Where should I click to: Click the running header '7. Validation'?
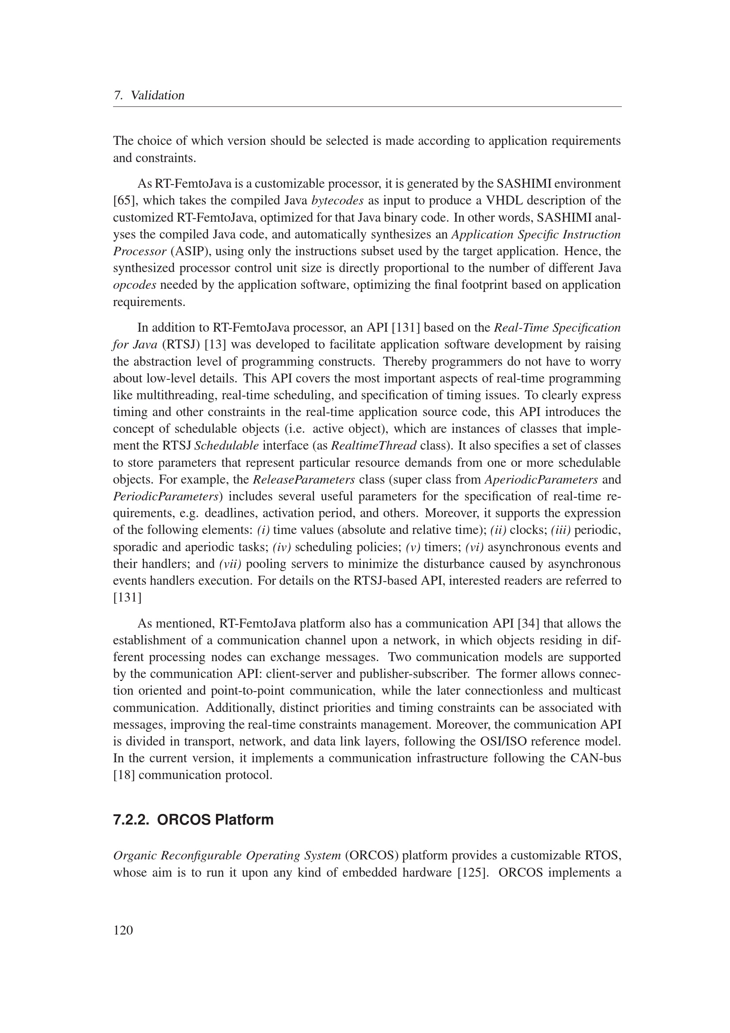click(x=149, y=95)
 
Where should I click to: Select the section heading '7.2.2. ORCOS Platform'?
click(x=193, y=820)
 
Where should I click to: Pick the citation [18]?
click(x=124, y=775)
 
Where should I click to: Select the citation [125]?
click(x=473, y=872)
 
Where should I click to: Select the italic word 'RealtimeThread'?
click(x=373, y=446)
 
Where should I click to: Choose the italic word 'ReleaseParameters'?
click(x=303, y=480)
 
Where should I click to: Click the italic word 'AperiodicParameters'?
click(x=541, y=480)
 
